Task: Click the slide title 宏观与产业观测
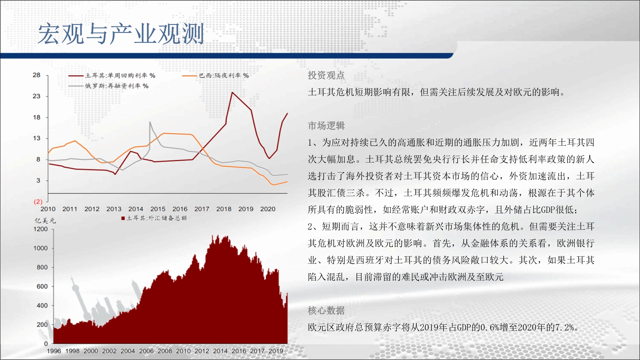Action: tap(121, 34)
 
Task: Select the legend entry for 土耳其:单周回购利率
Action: tap(112, 76)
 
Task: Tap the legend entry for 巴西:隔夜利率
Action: tap(215, 76)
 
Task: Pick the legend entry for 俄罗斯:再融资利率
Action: tap(108, 86)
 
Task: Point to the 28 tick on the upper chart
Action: tap(36, 75)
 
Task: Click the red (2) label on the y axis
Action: tap(38, 202)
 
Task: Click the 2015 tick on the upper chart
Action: tap(158, 209)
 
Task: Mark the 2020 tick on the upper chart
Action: tap(268, 209)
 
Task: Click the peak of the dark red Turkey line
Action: tap(232, 92)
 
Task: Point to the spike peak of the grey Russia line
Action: tap(150, 122)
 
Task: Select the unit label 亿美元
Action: tap(45, 220)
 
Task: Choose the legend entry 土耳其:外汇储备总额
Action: tap(154, 218)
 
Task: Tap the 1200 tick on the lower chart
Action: tap(41, 229)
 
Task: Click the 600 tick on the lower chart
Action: tap(42, 286)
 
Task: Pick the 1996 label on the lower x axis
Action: tap(54, 351)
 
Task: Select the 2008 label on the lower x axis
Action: tap(165, 351)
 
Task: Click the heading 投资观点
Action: tap(326, 75)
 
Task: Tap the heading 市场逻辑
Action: tap(326, 126)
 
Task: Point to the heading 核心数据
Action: tap(326, 310)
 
